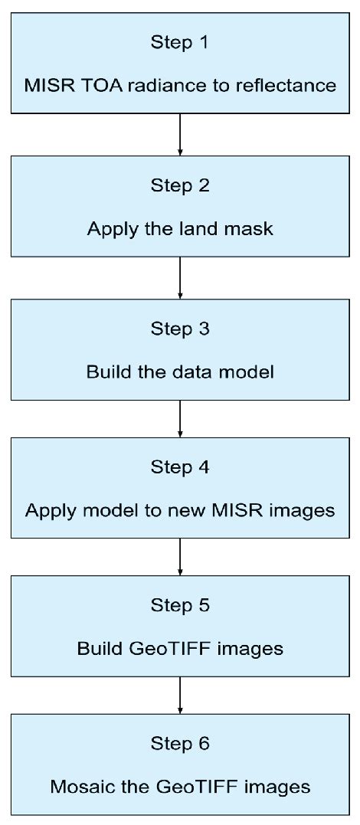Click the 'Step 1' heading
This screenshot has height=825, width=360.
point(180,43)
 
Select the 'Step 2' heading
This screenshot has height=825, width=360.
point(180,185)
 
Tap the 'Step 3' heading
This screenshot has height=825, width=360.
point(180,329)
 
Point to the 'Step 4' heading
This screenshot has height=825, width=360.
point(180,467)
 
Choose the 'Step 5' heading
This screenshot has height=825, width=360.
point(180,605)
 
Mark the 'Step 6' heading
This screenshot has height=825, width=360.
point(180,744)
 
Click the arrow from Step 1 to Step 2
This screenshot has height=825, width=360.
point(180,134)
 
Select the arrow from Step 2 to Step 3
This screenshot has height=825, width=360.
point(180,277)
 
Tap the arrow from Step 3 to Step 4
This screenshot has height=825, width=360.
point(180,418)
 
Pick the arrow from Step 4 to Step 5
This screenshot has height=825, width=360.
point(180,557)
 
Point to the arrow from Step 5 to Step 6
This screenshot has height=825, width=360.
point(180,696)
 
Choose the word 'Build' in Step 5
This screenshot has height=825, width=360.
point(97,649)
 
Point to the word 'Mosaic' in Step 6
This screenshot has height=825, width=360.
point(77,787)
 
